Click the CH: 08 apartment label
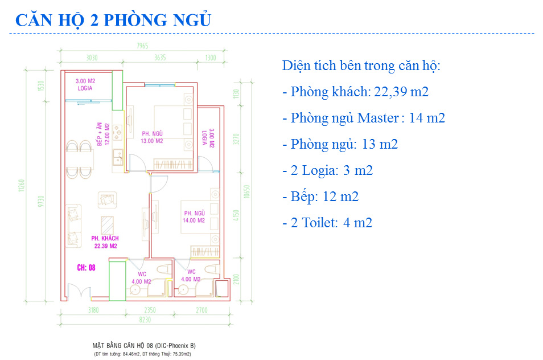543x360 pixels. pyautogui.click(x=86, y=267)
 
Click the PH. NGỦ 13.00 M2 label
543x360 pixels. pyautogui.click(x=153, y=137)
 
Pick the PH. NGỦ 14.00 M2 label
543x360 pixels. pyautogui.click(x=193, y=216)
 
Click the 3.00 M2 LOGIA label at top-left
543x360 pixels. pyautogui.click(x=85, y=85)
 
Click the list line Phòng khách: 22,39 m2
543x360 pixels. pyautogui.click(x=355, y=92)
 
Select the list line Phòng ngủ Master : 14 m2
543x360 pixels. pyautogui.click(x=363, y=118)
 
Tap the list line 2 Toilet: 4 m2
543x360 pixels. pyautogui.click(x=327, y=223)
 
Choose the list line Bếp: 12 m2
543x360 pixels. pyautogui.click(x=320, y=197)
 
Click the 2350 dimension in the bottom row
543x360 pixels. pyautogui.click(x=149, y=310)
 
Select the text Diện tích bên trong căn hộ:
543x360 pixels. pyautogui.click(x=361, y=66)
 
